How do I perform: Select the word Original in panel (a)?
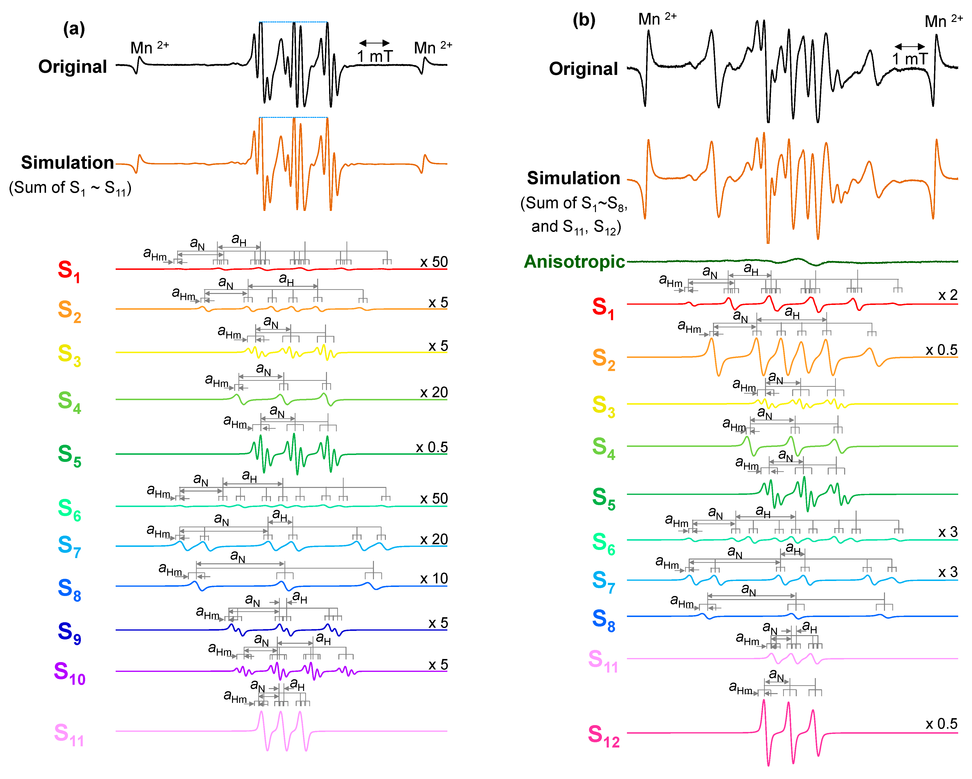(72, 67)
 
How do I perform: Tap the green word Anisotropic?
(574, 262)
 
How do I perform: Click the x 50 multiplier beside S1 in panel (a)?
(434, 262)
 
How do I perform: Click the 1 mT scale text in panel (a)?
(375, 56)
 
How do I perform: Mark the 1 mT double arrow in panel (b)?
(909, 47)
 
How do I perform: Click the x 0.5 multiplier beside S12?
(941, 724)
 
